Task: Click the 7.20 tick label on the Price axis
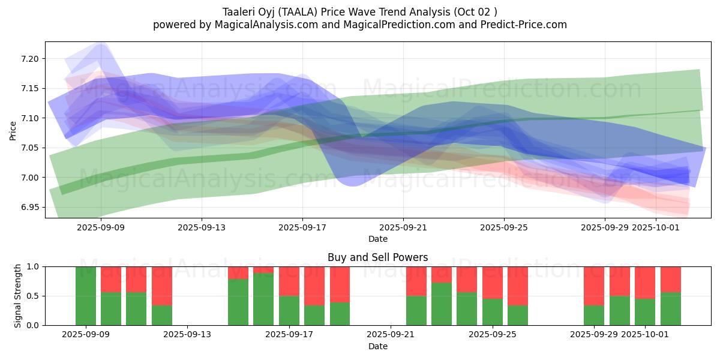30,59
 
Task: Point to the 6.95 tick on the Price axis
30,207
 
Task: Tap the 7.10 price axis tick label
30,118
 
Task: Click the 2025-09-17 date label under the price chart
302,227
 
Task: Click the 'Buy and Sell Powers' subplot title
377,257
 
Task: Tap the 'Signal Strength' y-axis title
18,296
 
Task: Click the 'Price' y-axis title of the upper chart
13,130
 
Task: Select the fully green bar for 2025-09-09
86,296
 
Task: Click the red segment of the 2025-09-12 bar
162,286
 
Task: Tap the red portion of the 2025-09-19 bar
340,284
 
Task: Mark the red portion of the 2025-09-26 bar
518,286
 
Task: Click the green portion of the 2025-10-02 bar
670,308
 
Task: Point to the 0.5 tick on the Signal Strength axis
34,296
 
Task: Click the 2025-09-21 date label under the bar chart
391,334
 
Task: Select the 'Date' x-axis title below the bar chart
377,346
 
